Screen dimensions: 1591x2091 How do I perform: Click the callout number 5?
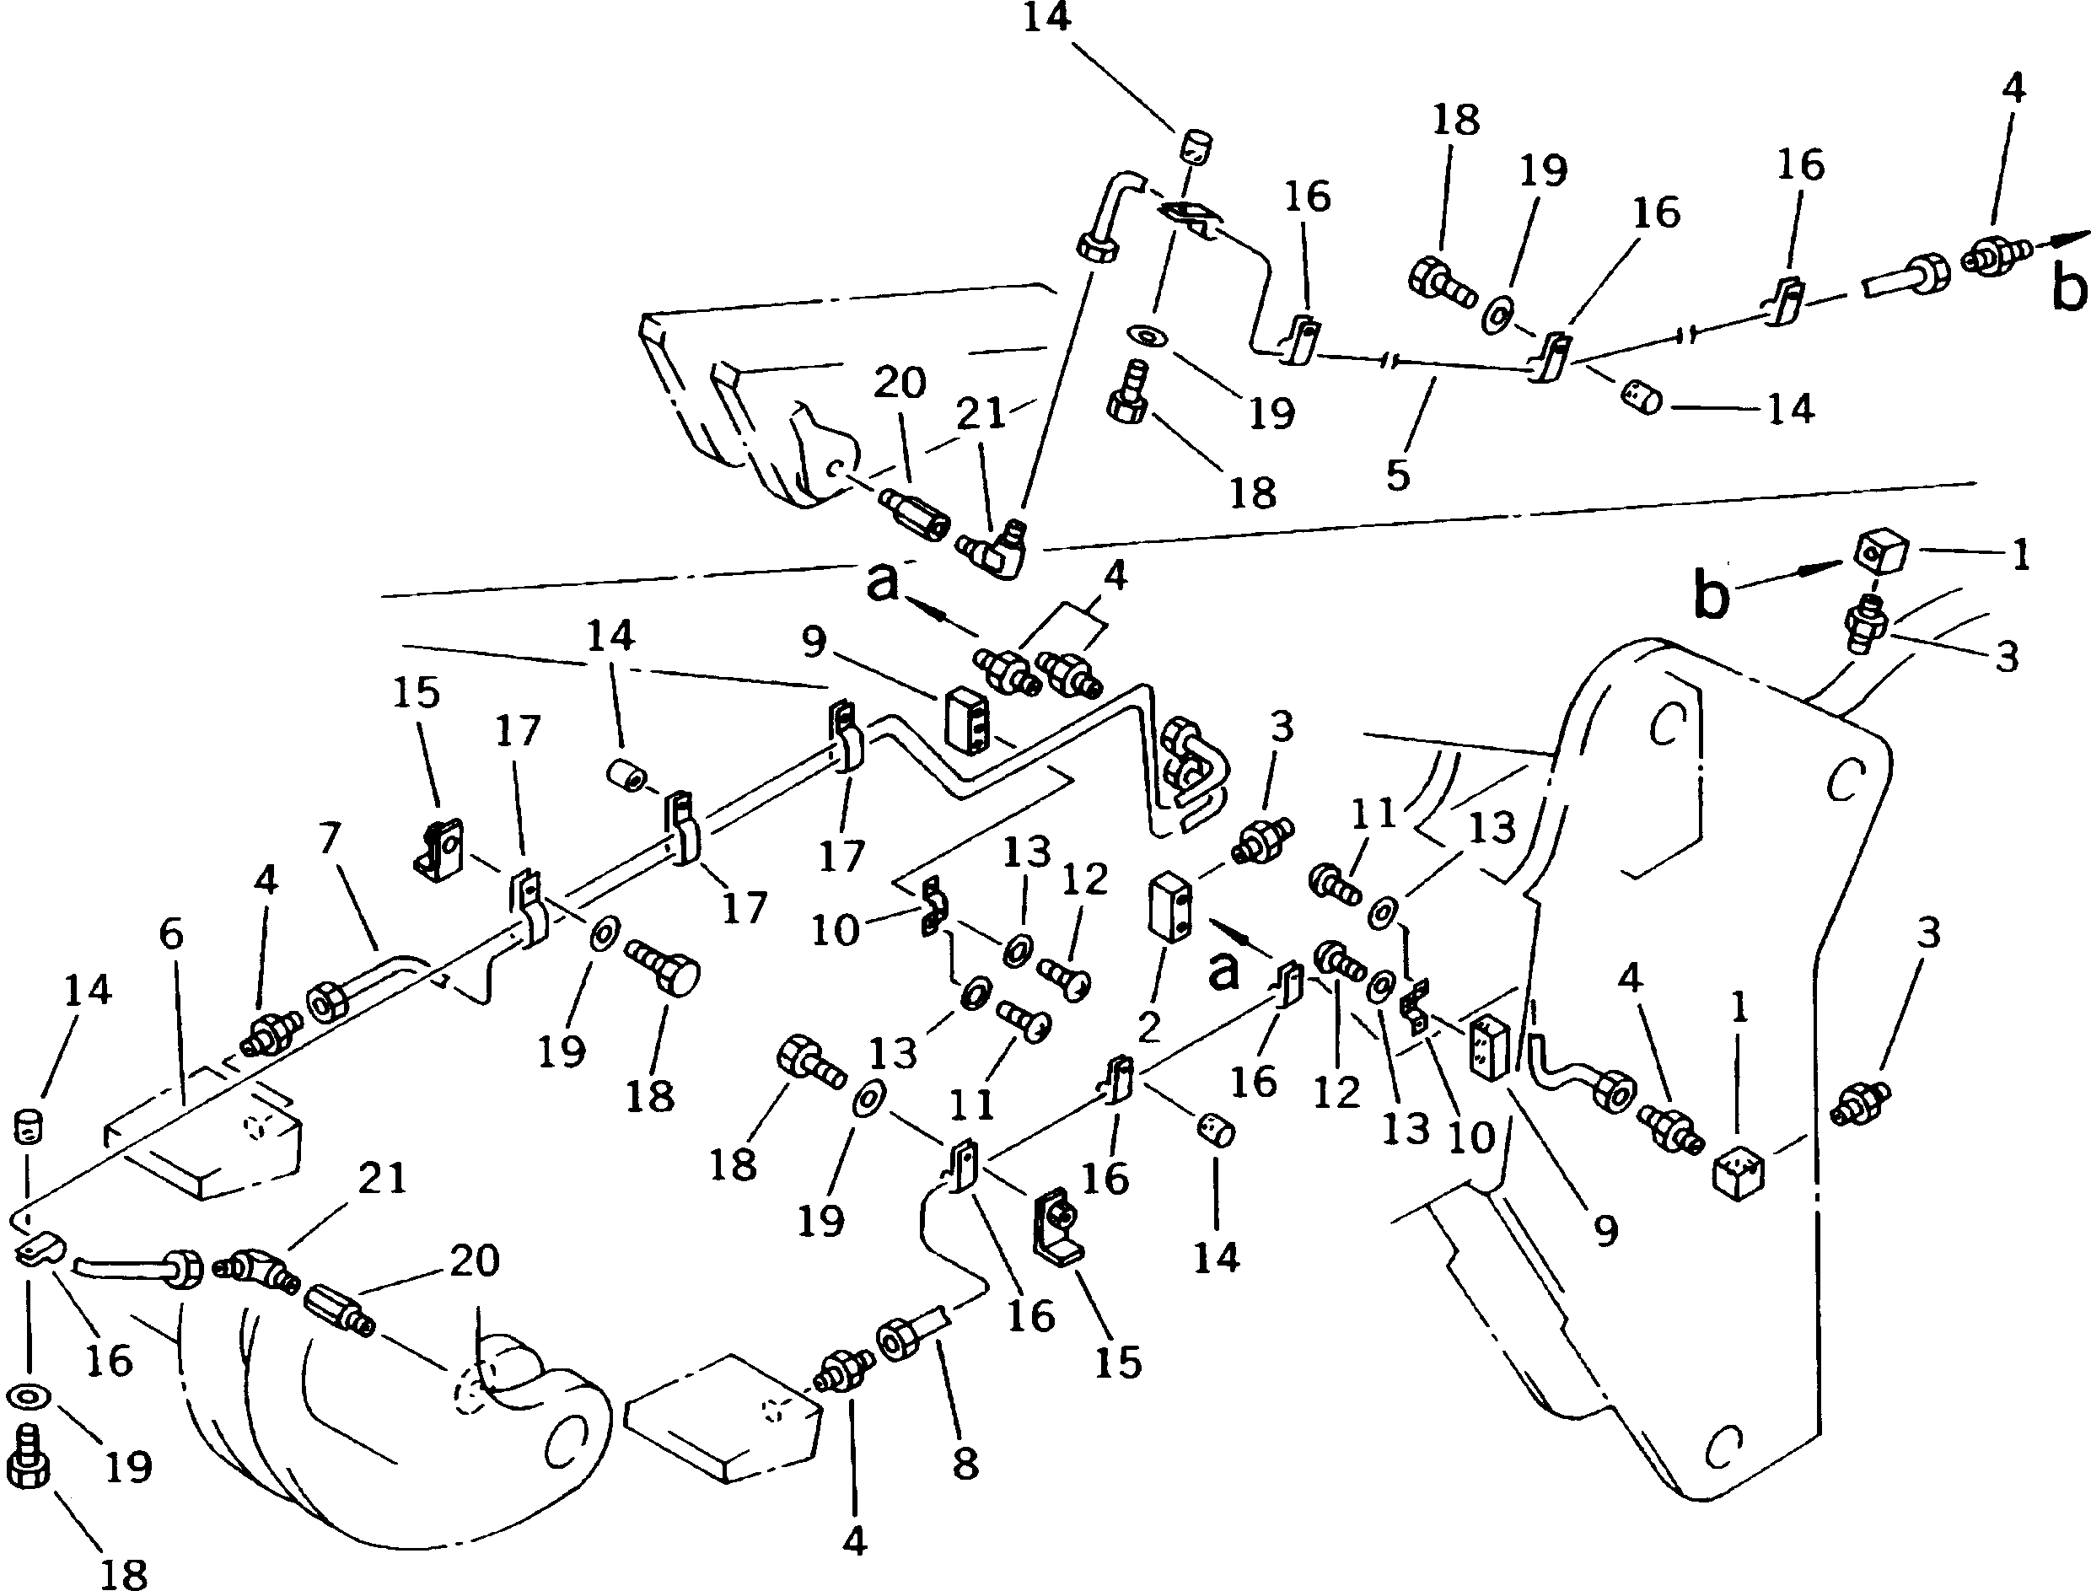click(1398, 476)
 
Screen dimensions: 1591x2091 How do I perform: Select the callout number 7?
click(330, 839)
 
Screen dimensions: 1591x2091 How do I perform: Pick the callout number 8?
click(965, 1464)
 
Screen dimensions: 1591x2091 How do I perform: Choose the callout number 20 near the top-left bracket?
click(899, 384)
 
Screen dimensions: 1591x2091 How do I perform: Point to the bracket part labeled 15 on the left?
click(438, 850)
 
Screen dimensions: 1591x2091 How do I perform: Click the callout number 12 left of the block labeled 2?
click(1084, 879)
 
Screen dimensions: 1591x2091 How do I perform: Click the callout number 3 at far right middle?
click(1928, 933)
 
